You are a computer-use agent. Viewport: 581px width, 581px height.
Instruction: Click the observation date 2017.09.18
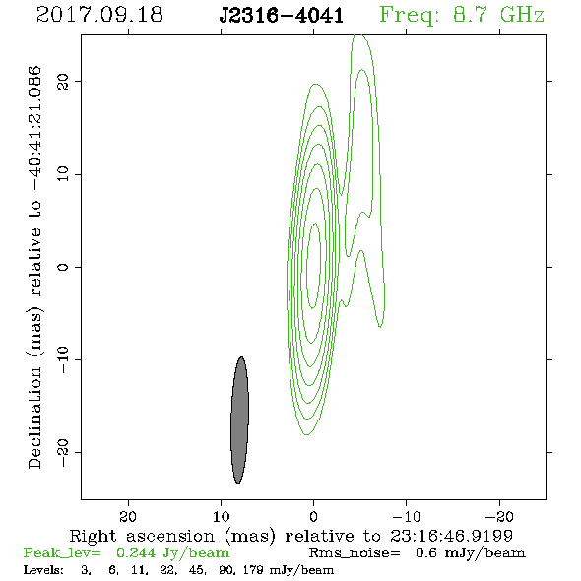click(99, 15)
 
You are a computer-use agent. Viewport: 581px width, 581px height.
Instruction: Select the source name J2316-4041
click(282, 16)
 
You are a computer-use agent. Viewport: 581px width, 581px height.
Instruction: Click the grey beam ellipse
click(239, 420)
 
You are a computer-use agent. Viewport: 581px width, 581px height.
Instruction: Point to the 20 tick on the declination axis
click(63, 81)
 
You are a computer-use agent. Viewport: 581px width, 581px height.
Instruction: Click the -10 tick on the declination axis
click(63, 359)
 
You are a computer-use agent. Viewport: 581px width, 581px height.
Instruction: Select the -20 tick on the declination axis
click(63, 452)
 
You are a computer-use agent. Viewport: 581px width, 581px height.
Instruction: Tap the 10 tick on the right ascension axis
click(222, 516)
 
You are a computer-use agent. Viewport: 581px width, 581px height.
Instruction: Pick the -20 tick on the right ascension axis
click(499, 516)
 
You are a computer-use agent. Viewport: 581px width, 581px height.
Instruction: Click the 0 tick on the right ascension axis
click(314, 516)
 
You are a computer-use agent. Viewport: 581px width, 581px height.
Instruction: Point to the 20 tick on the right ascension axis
click(128, 516)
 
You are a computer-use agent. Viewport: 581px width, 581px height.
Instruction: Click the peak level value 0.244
click(136, 552)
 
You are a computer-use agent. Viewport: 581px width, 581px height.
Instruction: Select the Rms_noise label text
click(355, 553)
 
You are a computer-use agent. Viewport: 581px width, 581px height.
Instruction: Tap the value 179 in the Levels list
click(253, 569)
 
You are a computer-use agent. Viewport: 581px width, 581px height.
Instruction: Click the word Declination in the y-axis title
click(34, 418)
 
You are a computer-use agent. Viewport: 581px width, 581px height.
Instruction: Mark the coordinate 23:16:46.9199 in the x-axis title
click(451, 536)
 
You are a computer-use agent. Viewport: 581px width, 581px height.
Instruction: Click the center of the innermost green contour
click(314, 266)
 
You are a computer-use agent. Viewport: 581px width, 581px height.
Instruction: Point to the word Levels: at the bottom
click(43, 569)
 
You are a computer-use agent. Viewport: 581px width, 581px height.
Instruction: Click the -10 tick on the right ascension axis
click(407, 516)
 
